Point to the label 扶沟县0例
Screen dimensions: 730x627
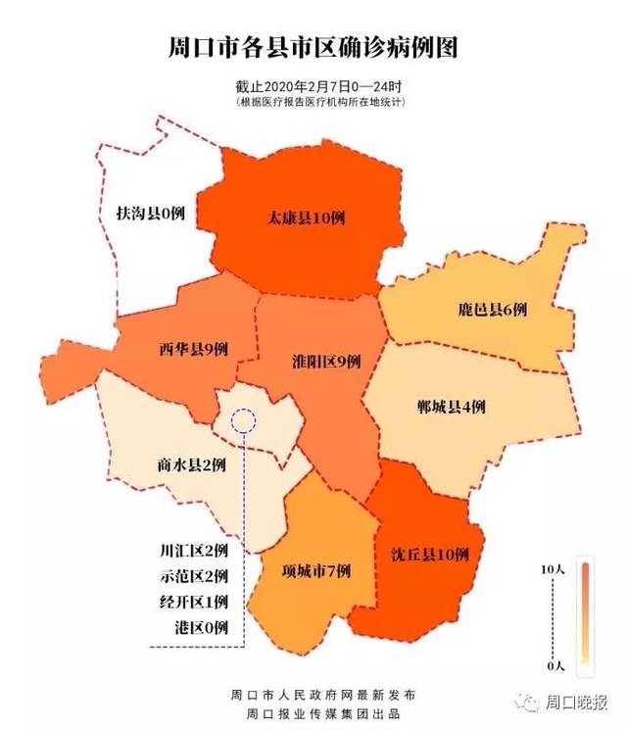tap(150, 213)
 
